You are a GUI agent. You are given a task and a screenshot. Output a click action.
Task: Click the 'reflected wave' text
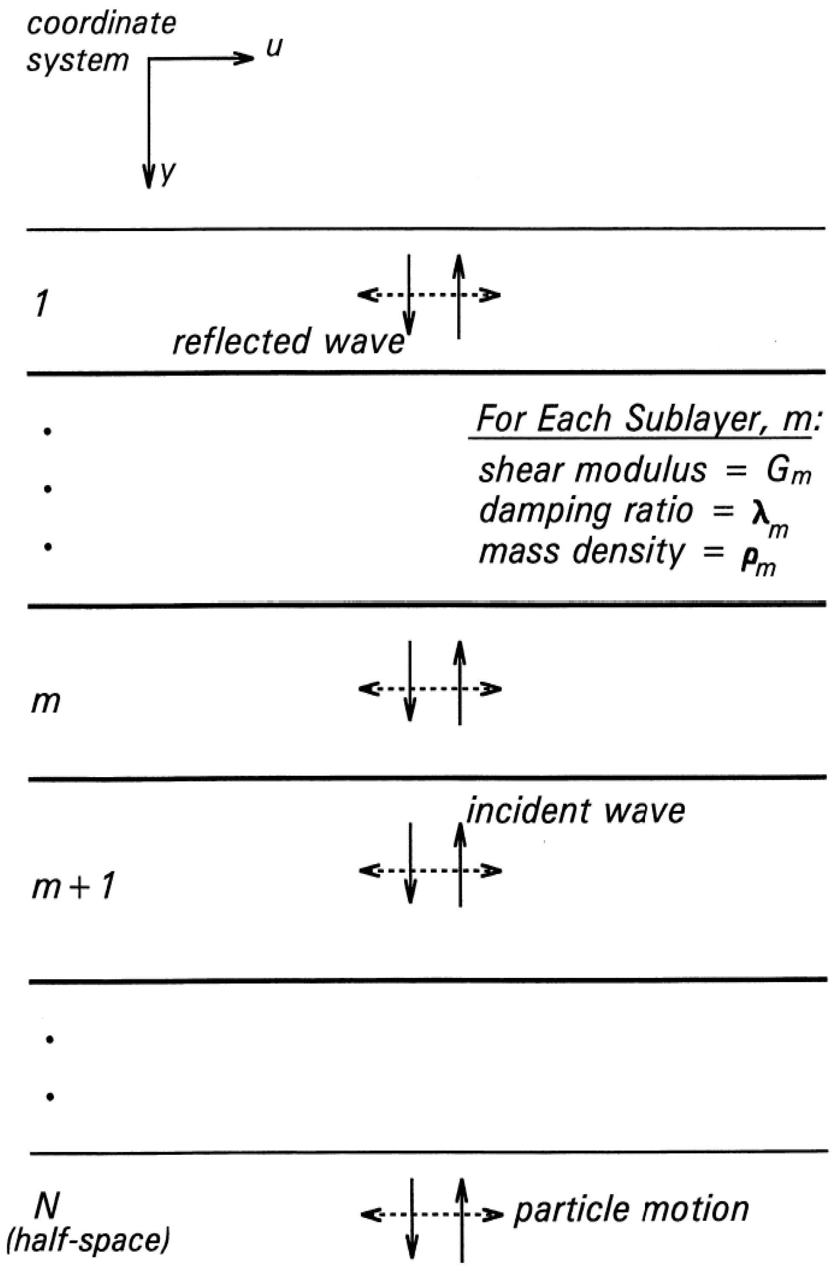pyautogui.click(x=288, y=341)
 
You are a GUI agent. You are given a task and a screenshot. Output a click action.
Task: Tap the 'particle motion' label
pyautogui.click(x=631, y=1210)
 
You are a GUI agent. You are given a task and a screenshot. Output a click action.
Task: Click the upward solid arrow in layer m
pyautogui.click(x=460, y=683)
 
